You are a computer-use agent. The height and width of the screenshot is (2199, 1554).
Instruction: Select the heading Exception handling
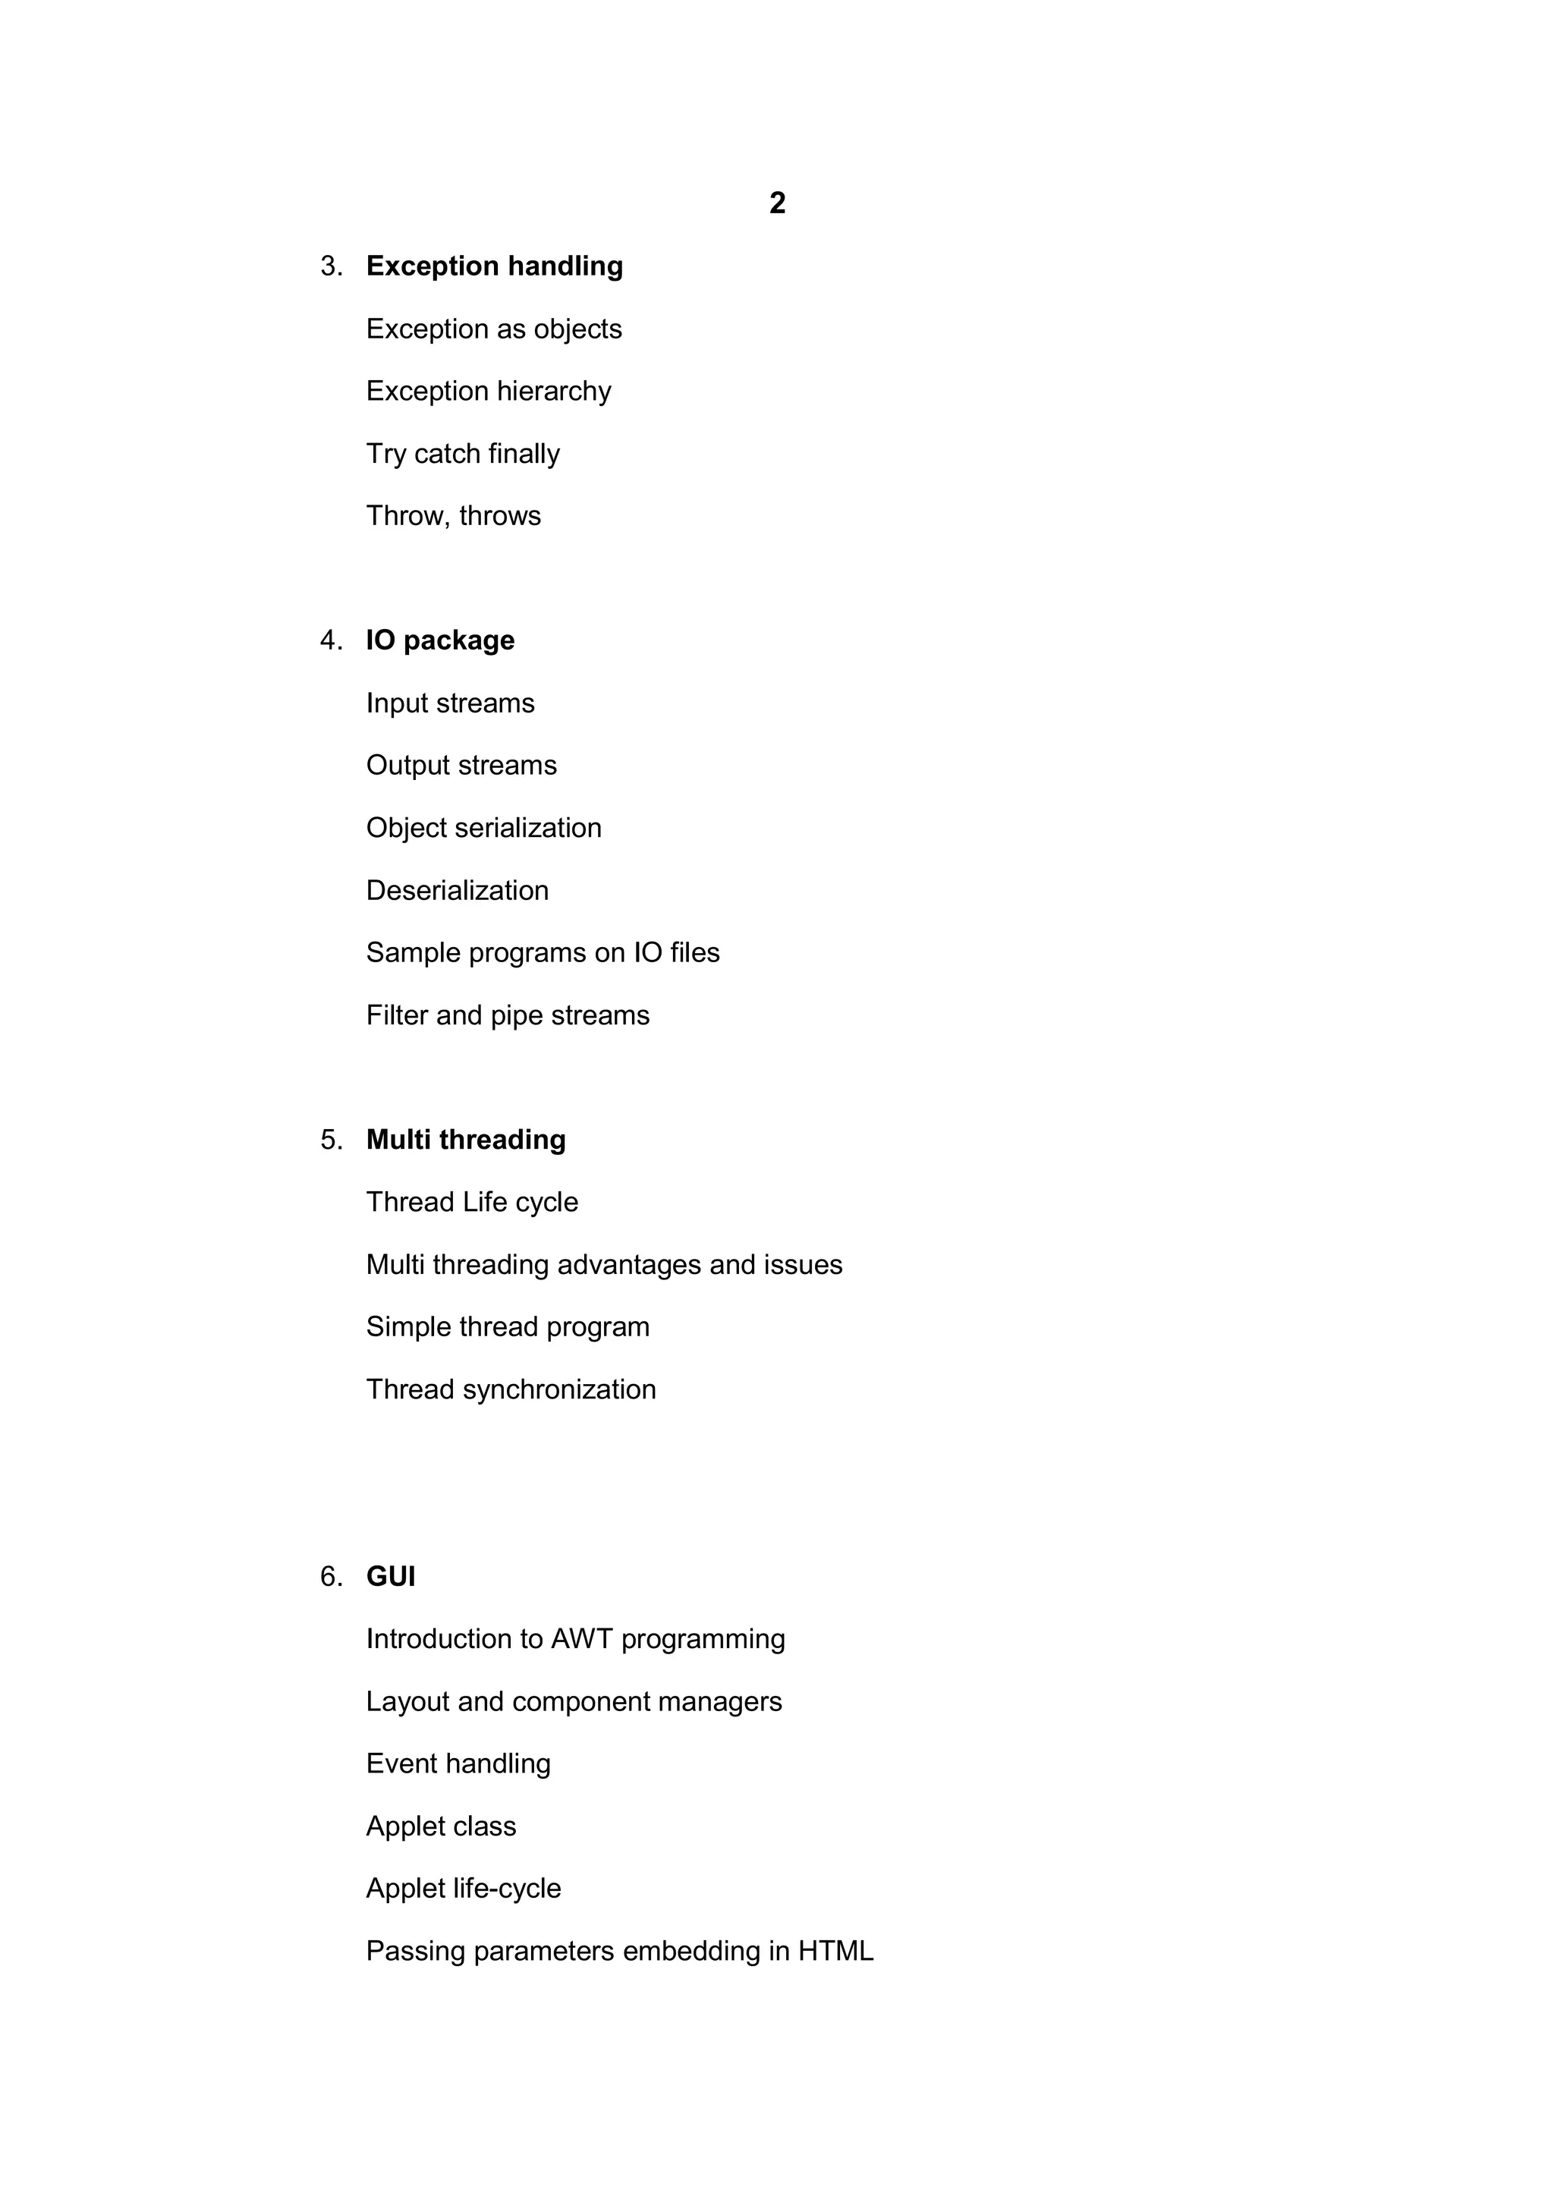pos(494,266)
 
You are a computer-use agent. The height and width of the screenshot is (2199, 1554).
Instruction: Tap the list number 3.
pos(330,266)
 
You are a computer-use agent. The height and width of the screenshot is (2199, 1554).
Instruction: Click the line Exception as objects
pos(493,329)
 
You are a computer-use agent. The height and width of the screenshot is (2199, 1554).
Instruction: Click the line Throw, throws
pos(453,516)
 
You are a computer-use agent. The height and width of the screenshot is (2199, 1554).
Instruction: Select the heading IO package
pos(439,640)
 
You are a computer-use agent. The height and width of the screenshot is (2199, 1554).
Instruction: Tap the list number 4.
pos(330,640)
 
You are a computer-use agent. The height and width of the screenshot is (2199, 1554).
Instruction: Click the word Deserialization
pos(457,891)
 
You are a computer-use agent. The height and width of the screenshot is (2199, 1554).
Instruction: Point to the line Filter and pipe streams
pos(508,1015)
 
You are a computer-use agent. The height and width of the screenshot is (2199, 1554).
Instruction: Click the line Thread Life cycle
pos(472,1202)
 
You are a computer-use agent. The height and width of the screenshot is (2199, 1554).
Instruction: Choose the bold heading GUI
pos(391,1577)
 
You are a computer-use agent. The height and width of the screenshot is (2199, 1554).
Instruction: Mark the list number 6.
pos(330,1577)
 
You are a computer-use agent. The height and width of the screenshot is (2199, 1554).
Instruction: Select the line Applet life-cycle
pos(464,1889)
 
